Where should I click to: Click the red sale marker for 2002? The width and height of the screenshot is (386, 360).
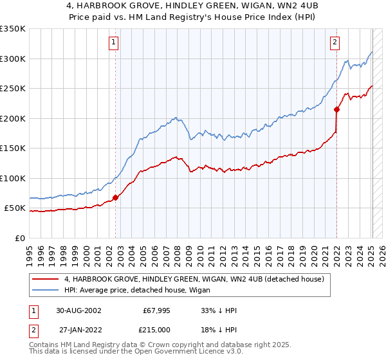click(116, 197)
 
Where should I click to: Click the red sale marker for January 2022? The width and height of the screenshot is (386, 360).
click(336, 109)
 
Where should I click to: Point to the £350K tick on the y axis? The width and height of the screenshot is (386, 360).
click(13, 29)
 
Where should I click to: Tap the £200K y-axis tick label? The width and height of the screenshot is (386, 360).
click(13, 118)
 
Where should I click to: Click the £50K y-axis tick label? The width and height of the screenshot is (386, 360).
click(15, 208)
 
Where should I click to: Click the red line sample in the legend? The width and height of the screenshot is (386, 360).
click(46, 279)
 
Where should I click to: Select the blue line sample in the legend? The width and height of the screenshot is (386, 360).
click(46, 290)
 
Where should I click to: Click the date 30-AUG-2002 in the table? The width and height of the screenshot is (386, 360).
click(78, 310)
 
